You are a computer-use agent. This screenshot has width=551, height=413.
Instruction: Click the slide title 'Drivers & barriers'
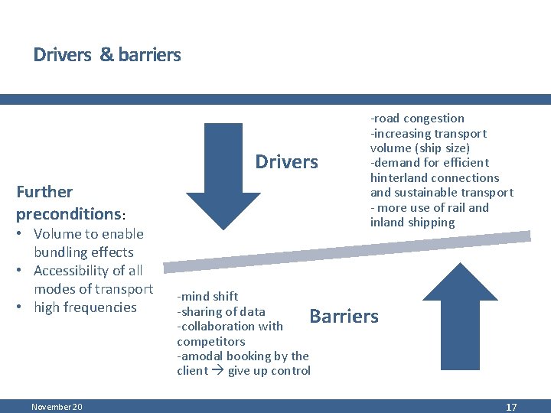pyautogui.click(x=107, y=55)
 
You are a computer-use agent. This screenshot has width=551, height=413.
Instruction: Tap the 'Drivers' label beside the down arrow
pyautogui.click(x=286, y=161)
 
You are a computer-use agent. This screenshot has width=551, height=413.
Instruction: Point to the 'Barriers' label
pyautogui.click(x=344, y=316)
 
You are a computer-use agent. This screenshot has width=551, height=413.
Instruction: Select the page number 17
pyautogui.click(x=511, y=407)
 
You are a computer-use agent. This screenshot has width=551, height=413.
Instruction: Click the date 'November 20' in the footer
pyautogui.click(x=57, y=407)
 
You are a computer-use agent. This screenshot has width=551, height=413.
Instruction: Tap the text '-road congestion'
pyautogui.click(x=417, y=118)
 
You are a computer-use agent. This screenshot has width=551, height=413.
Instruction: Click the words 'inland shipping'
pyautogui.click(x=412, y=223)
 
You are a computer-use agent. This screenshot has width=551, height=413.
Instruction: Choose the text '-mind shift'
pyautogui.click(x=207, y=296)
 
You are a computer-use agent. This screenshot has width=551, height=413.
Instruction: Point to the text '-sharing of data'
pyautogui.click(x=221, y=311)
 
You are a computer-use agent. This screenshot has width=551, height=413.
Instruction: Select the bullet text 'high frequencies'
pyautogui.click(x=84, y=307)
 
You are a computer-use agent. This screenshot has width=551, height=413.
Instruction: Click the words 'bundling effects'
pyautogui.click(x=83, y=252)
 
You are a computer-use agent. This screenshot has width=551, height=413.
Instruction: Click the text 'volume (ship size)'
pyautogui.click(x=419, y=148)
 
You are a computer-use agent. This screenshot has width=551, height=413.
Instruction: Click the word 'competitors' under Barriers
pyautogui.click(x=211, y=341)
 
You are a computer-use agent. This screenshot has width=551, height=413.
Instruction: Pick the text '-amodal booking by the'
pyautogui.click(x=243, y=356)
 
